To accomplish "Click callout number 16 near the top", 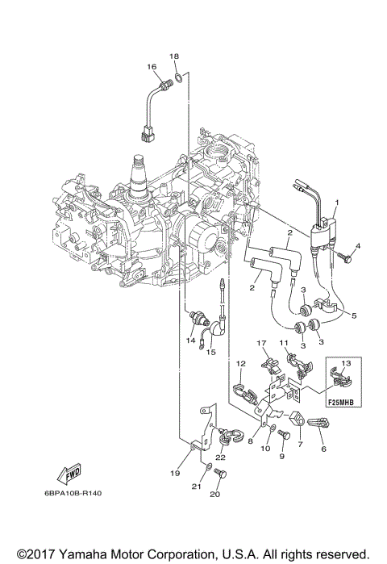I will pos(151,66).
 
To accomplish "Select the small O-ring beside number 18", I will pos(178,78).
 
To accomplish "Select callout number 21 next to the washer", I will pos(194,487).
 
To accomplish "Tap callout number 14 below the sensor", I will pos(191,340).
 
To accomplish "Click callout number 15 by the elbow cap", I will pos(212,351).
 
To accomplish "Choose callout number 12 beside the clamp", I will pos(240,365).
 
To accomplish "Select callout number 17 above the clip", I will pos(261,343).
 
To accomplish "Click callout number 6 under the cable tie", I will pos(323,449).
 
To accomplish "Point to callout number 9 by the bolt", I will pos(281,456).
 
